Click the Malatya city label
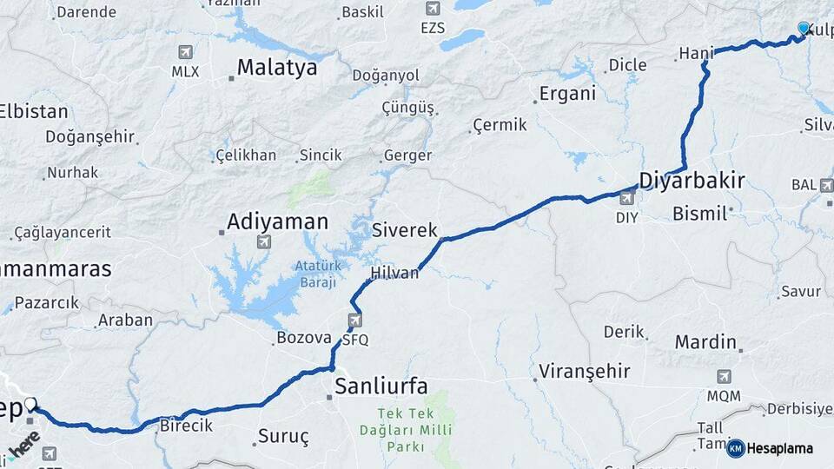coord(277,67)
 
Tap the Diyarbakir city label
coord(692,181)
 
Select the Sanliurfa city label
coord(381,386)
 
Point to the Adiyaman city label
coord(277,221)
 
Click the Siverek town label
coord(405,230)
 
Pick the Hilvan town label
coord(394,273)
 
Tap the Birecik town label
coord(187,426)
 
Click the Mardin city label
coord(705,341)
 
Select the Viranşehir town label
coord(584,372)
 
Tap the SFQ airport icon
coord(354,321)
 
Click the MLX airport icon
coord(184,52)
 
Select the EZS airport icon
coord(433,9)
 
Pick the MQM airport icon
coord(724,377)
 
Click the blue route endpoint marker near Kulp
coord(804,29)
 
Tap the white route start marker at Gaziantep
coord(31,404)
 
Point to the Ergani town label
coord(567,95)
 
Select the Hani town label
coord(695,54)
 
